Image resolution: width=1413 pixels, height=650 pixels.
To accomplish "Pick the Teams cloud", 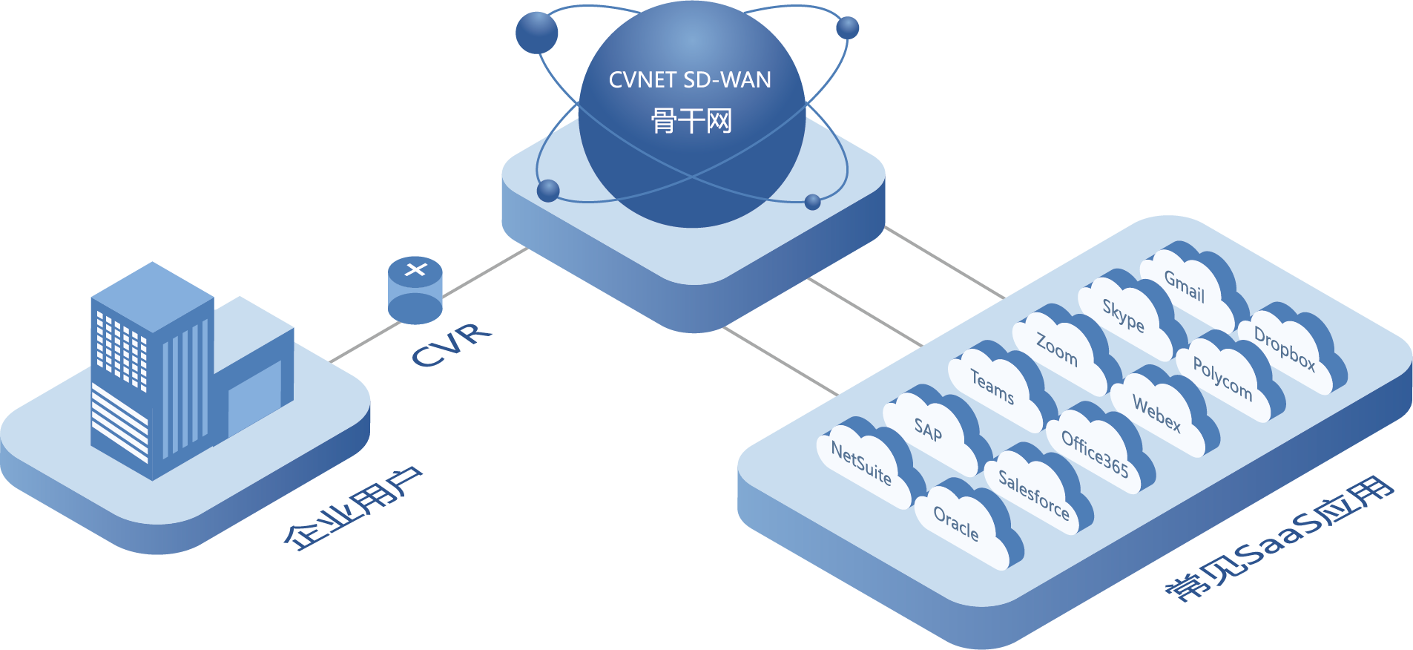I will [x=992, y=387].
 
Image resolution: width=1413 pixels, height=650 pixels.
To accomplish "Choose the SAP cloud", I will [x=929, y=430].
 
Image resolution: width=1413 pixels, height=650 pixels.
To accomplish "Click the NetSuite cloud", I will [x=862, y=463].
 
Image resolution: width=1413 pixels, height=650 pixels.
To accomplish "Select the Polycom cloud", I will [x=1222, y=378].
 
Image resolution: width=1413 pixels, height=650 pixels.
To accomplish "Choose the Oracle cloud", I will [x=957, y=524].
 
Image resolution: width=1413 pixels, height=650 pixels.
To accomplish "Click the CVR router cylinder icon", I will [x=415, y=290].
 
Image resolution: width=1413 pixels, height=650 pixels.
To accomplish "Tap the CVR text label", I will [x=452, y=344].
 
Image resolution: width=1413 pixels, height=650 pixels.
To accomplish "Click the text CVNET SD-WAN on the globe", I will [x=690, y=80].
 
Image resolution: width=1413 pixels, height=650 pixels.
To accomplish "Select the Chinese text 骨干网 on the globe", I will [x=691, y=120].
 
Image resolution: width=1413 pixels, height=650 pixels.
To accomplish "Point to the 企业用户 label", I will [x=353, y=509].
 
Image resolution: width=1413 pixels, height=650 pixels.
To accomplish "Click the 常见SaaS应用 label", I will [x=1279, y=538].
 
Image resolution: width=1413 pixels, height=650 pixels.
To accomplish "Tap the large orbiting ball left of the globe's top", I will [x=536, y=32].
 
